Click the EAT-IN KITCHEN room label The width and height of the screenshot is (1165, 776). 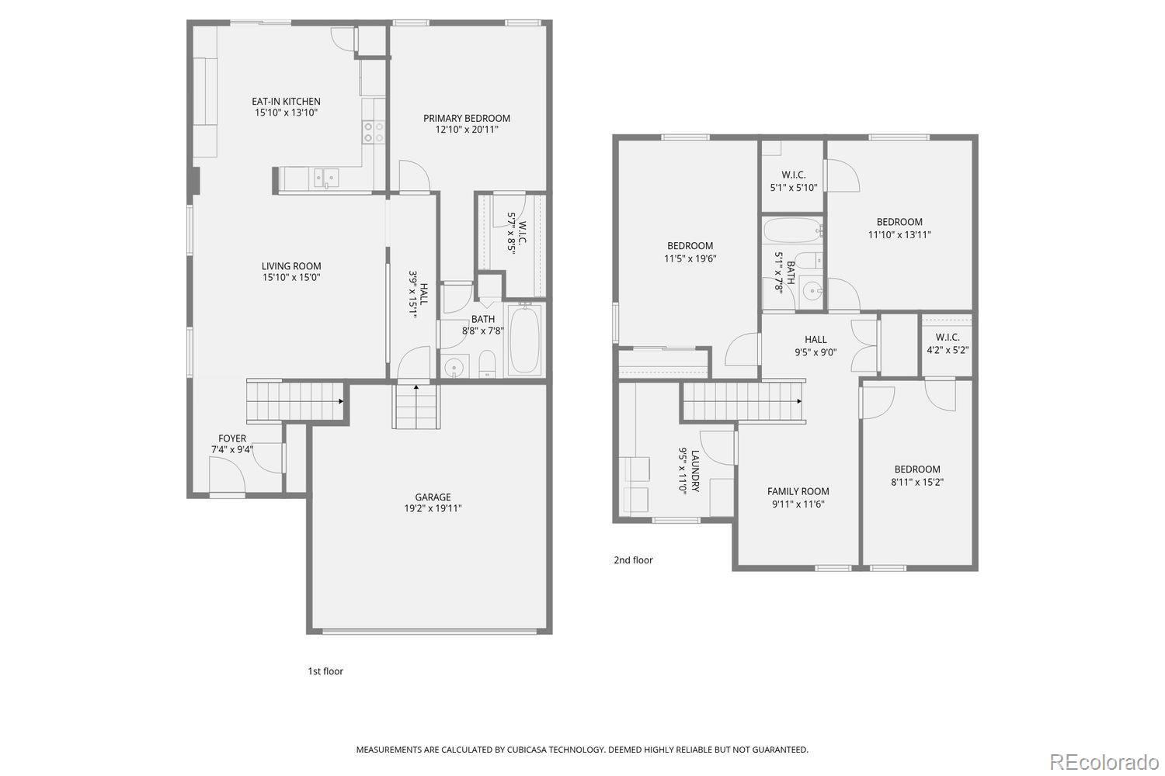pos(286,102)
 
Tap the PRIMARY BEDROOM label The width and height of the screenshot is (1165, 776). pos(466,119)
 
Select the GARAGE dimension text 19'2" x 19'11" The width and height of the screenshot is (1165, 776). pos(433,509)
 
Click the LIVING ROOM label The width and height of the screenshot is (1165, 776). pos(291,266)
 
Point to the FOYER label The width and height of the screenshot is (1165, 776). pos(232,438)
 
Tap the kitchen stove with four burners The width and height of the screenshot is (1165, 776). pos(374,132)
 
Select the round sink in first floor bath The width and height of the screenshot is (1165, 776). pos(454,366)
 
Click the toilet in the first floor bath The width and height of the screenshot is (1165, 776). pos(487,364)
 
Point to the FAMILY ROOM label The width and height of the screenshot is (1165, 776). pos(798,491)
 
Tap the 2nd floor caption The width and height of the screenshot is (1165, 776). pos(633,560)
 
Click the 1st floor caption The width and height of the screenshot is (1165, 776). pos(325,671)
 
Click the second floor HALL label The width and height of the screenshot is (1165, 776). pos(815,339)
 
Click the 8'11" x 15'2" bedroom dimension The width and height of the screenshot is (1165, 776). pos(917,482)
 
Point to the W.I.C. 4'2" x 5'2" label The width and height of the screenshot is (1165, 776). pos(948,343)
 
